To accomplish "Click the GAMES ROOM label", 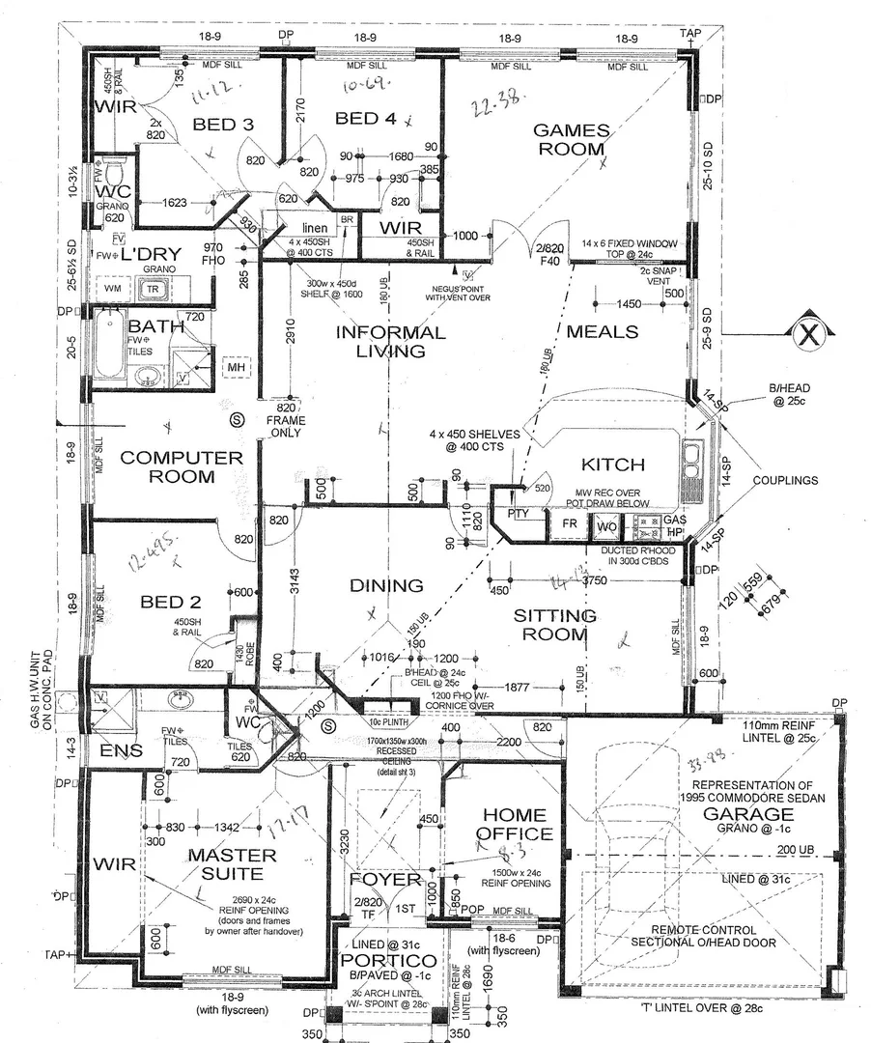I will [572, 140].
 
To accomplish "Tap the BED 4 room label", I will [365, 119].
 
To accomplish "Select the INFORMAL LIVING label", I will [390, 342].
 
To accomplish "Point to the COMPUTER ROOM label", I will [168, 466].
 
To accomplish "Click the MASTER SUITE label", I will [232, 864].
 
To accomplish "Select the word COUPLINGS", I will [785, 480].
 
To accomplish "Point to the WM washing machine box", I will [113, 289].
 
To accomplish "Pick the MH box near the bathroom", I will [235, 368].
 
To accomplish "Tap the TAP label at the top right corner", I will [689, 33].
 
